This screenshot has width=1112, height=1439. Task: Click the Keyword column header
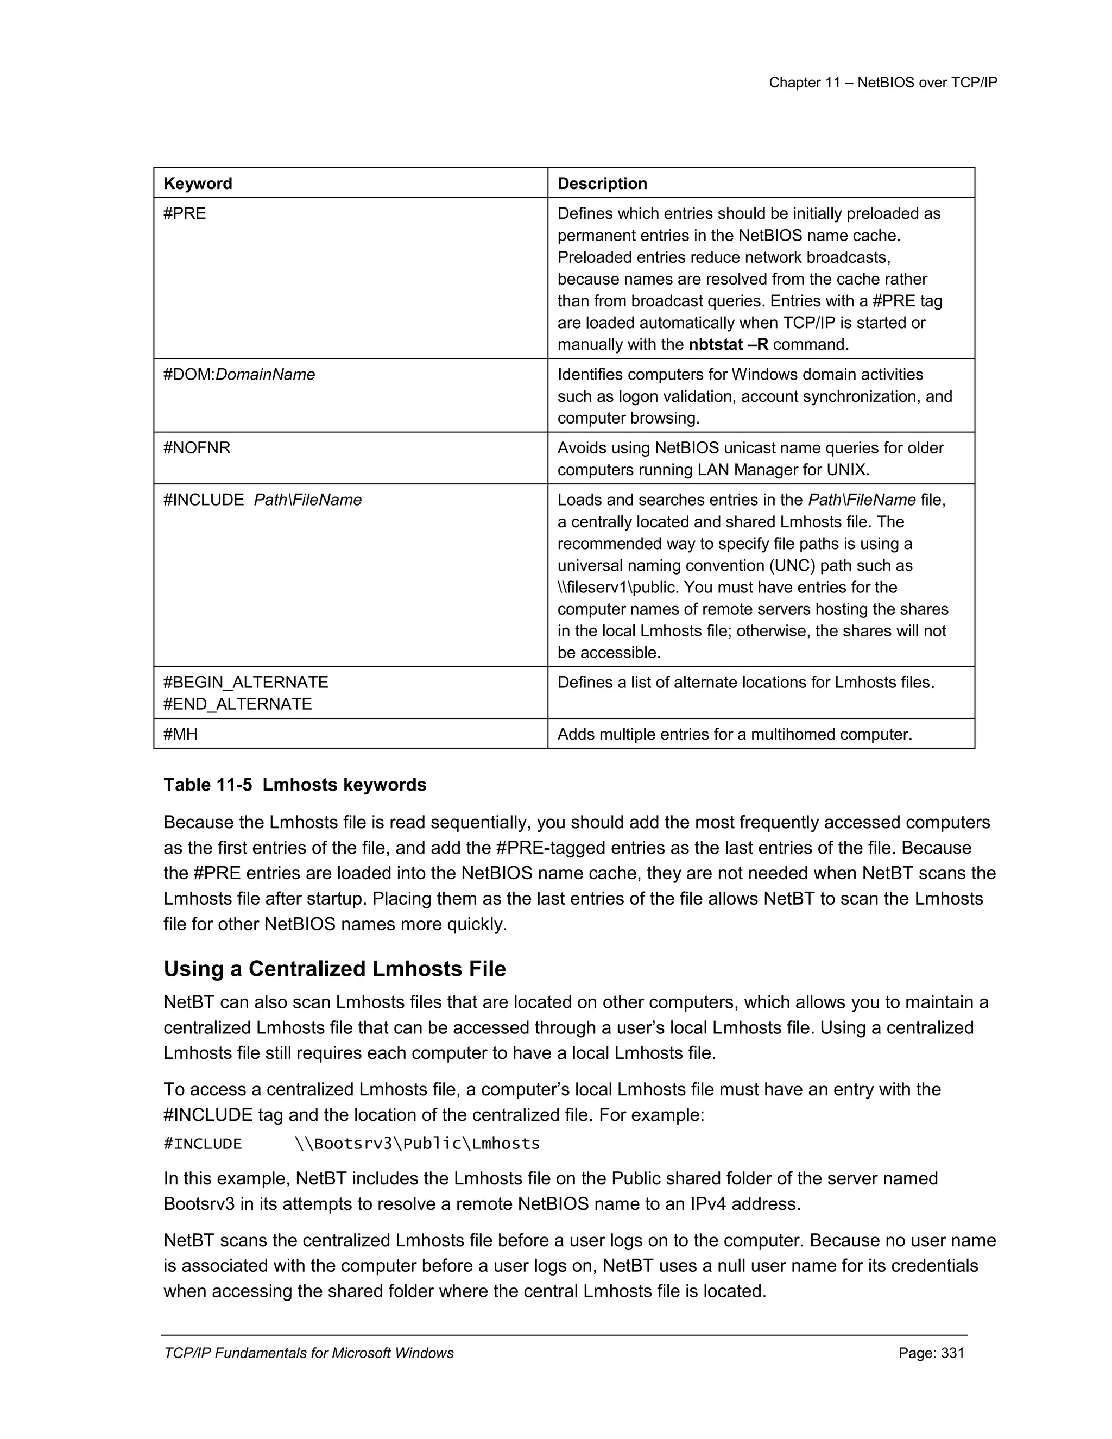[198, 183]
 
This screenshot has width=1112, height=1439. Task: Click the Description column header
[602, 183]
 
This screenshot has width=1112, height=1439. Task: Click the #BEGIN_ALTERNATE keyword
[246, 682]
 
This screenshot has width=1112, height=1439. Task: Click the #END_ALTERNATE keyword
[238, 704]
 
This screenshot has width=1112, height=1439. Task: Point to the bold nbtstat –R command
[729, 345]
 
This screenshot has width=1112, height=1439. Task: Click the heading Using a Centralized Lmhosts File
[334, 969]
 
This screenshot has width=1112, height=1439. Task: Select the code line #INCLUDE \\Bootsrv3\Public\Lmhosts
[351, 1143]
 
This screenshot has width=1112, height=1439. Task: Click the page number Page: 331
[931, 1353]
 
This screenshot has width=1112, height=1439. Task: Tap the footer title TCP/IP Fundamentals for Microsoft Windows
[308, 1353]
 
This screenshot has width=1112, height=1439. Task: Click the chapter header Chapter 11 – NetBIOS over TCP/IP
[883, 83]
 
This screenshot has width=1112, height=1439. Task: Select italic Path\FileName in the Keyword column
[308, 500]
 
